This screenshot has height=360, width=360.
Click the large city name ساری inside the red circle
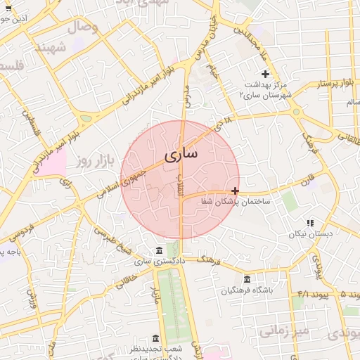pos(181,154)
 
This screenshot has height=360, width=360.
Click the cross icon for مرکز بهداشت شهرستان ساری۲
pos(265,74)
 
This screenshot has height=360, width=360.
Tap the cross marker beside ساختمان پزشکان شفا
pos(235,191)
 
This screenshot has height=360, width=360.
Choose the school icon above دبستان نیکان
pos(310,223)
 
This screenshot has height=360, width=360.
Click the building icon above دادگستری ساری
pos(160,251)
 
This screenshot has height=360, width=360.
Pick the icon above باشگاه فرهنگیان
pos(246,279)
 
